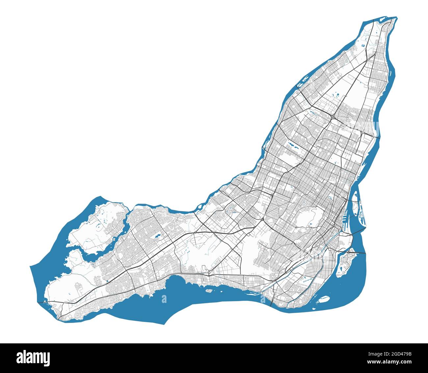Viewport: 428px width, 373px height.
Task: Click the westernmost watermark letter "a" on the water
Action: click(x=164, y=299)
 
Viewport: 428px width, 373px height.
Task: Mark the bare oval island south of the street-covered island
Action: click(x=324, y=299)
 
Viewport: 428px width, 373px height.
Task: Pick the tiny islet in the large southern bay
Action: click(x=208, y=290)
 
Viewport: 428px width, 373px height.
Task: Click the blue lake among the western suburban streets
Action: click(x=156, y=236)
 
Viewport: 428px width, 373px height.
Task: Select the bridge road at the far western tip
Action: click(x=43, y=301)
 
